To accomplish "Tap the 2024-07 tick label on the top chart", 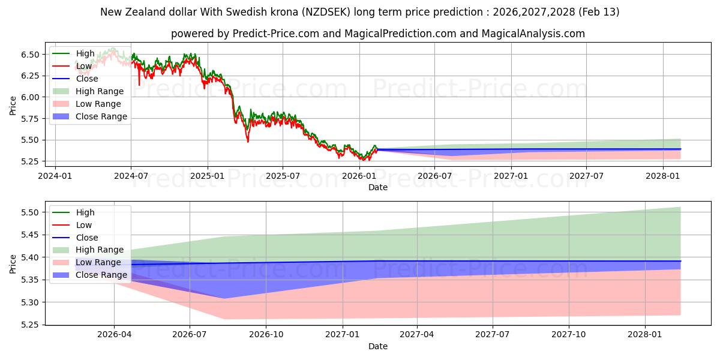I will point(131,176).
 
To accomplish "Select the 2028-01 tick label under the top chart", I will point(663,176).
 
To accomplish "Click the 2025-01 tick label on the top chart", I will point(207,176).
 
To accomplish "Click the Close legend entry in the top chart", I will point(87,79).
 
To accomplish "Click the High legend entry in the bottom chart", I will point(85,212).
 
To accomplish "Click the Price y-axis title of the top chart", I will point(13,106).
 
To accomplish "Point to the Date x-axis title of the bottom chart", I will point(378,346).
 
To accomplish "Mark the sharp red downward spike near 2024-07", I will point(139,85).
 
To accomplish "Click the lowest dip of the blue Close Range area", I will point(224,298).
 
